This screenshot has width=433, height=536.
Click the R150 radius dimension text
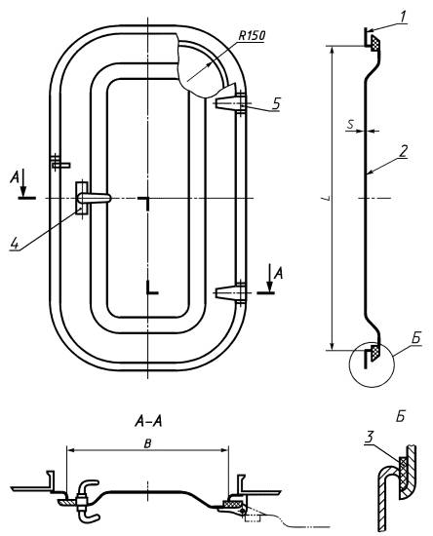(252, 35)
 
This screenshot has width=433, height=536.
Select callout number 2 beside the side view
(404, 151)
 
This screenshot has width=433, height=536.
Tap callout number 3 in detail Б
(369, 438)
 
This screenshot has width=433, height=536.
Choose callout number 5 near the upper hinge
(276, 103)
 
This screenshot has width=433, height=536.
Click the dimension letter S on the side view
(350, 124)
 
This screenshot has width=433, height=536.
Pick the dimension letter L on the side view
(328, 198)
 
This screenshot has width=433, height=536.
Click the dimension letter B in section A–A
(147, 443)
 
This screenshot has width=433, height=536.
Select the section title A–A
(148, 421)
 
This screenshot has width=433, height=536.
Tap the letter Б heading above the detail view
(400, 417)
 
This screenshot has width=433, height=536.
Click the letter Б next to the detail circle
(415, 338)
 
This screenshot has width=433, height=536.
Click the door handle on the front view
(92, 198)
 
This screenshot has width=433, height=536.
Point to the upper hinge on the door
(231, 101)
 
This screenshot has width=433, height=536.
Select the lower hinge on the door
(231, 291)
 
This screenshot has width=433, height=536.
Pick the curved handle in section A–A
(87, 501)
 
